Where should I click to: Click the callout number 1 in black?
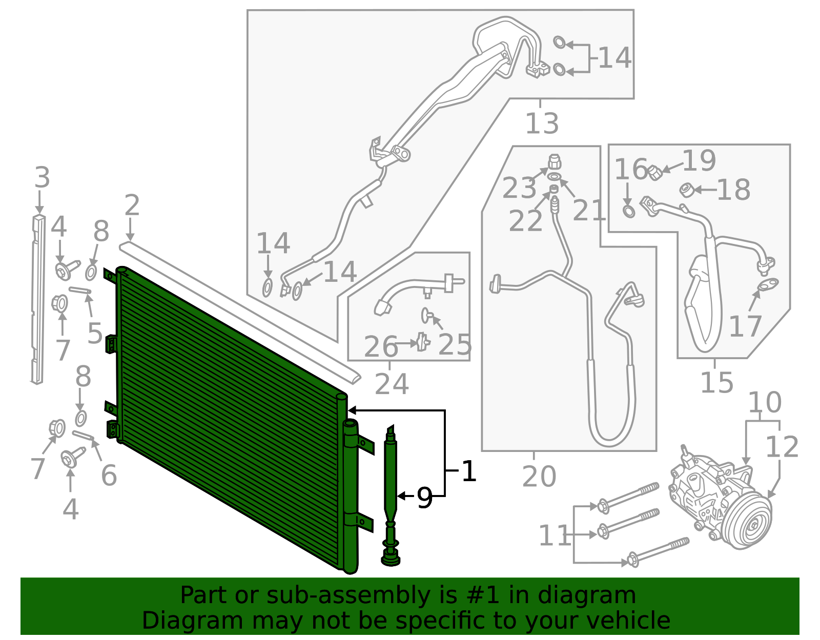[x=469, y=471]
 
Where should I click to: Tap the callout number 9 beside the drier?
[x=425, y=498]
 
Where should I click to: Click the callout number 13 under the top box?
[x=542, y=123]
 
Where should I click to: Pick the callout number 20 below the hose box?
[x=539, y=477]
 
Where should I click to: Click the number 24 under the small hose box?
[x=392, y=384]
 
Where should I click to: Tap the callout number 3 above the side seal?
[x=42, y=178]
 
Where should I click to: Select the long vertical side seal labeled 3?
[x=37, y=302]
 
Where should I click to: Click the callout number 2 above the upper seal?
[x=132, y=205]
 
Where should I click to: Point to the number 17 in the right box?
[x=745, y=326]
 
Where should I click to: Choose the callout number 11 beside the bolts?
[x=555, y=536]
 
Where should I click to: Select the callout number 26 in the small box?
[x=381, y=346]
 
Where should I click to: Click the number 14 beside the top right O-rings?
[x=614, y=57]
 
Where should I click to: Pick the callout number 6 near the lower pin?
[x=109, y=475]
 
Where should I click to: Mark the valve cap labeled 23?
[x=555, y=162]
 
